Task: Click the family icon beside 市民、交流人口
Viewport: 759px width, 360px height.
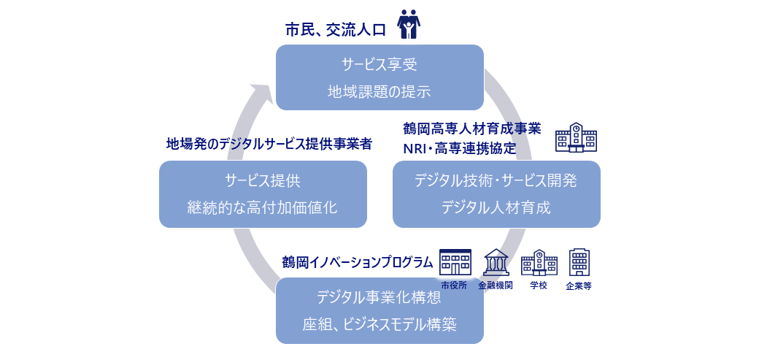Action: pos(409,24)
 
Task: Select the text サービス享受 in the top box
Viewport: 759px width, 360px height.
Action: pos(379,64)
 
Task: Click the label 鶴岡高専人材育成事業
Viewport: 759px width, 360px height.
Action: pos(472,129)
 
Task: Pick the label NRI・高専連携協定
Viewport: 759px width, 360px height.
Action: pos(460,148)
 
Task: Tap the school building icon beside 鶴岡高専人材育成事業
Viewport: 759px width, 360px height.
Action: pos(576,137)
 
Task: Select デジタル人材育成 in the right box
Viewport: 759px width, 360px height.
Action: pos(496,207)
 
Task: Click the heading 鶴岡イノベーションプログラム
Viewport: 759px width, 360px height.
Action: pos(358,261)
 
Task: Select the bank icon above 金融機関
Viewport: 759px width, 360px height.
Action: pos(496,262)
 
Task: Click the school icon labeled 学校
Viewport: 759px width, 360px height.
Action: pos(539,262)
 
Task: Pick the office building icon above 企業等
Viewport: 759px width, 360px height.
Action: pos(579,261)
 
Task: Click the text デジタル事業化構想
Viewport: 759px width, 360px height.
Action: pos(379,297)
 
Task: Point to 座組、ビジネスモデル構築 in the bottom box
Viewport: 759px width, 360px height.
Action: pos(379,324)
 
